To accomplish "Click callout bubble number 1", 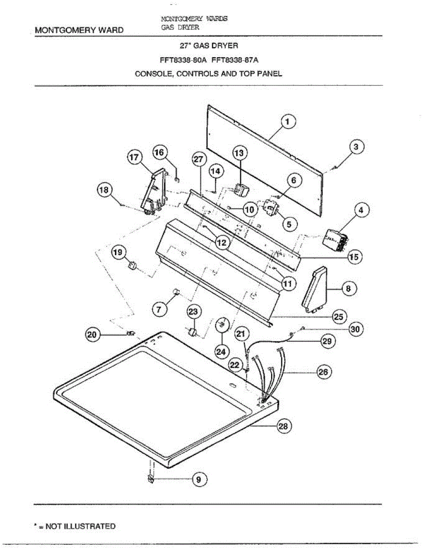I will coord(287,122).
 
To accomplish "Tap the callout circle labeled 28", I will coord(283,427).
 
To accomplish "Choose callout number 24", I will coord(221,352).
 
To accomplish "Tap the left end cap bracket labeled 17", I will coord(153,192).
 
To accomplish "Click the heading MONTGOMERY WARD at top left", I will coord(79,30).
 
